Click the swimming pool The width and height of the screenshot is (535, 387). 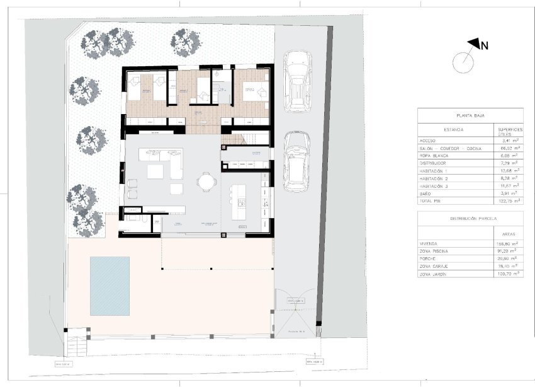[x=110, y=286]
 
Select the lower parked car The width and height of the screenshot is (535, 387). [x=295, y=161]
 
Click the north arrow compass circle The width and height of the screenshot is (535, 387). [x=463, y=62]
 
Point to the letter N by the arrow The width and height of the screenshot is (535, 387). [x=485, y=45]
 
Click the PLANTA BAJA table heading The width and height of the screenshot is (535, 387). [x=470, y=116]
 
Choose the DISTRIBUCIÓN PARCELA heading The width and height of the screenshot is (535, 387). [x=470, y=218]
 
